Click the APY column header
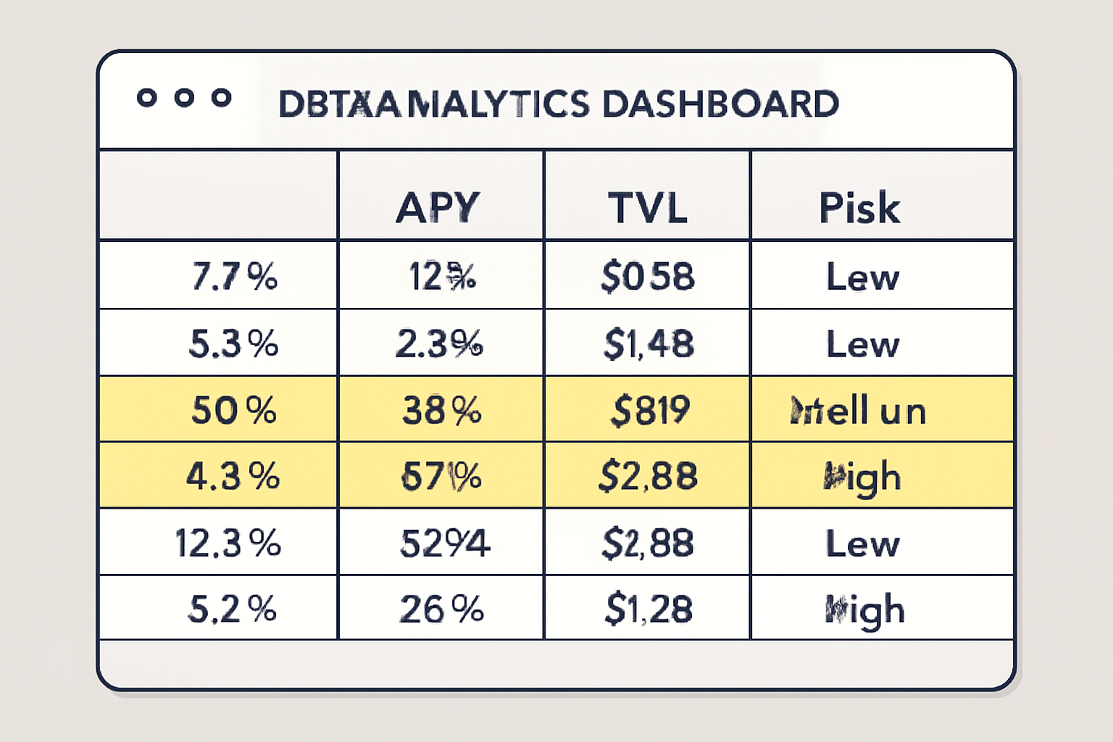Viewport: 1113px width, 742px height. [438, 207]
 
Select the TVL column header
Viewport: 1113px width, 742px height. [647, 207]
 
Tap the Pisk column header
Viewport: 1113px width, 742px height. [859, 208]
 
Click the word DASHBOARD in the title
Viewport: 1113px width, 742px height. [720, 104]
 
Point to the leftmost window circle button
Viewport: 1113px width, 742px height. [147, 98]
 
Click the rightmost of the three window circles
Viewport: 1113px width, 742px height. [222, 98]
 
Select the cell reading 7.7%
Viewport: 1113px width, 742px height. [234, 276]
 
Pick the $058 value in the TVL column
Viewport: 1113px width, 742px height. [647, 277]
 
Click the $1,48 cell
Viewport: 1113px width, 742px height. [648, 343]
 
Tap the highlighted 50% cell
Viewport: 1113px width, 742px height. [233, 410]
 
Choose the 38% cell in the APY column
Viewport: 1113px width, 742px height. [441, 411]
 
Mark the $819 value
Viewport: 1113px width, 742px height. [650, 410]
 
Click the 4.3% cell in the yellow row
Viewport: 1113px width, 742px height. [233, 477]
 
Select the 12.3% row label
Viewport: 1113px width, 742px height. [228, 543]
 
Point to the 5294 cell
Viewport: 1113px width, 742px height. [444, 543]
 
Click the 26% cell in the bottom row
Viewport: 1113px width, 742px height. [441, 609]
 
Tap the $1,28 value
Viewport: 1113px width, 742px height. [649, 609]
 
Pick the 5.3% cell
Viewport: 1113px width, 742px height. [233, 343]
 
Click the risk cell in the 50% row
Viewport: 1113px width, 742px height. [859, 411]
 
